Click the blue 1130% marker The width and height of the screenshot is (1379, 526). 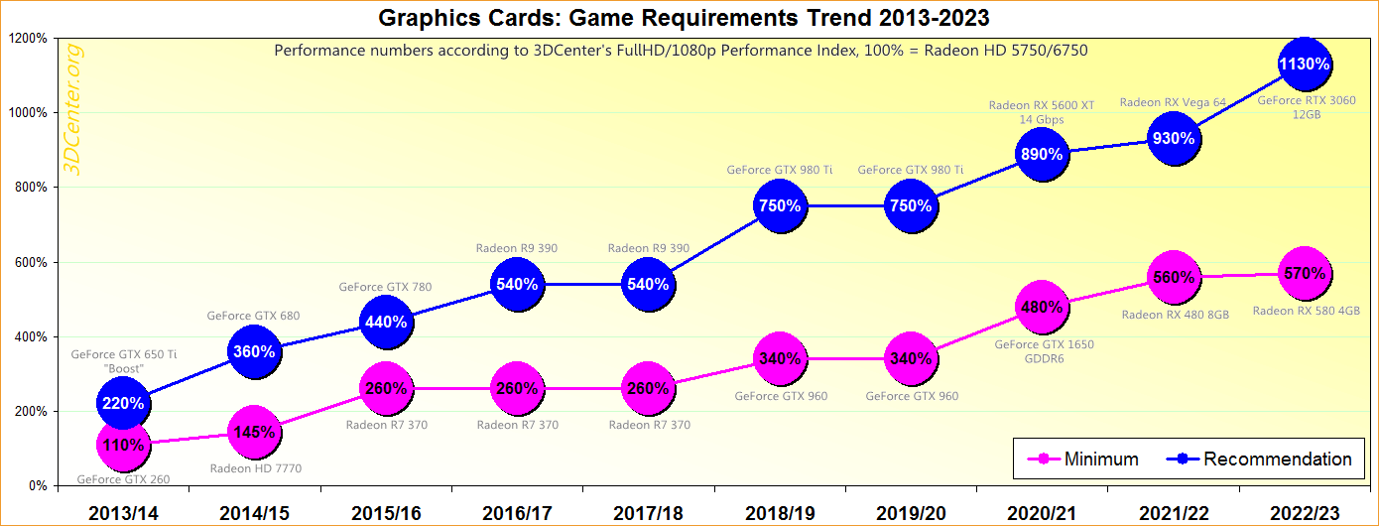click(x=1304, y=65)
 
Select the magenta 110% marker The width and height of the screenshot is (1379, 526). click(x=123, y=446)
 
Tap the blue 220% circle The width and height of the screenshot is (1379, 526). click(x=123, y=404)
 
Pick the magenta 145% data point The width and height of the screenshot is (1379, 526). click(x=254, y=432)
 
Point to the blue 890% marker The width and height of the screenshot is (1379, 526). click(x=1041, y=154)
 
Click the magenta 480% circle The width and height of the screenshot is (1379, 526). click(x=1041, y=307)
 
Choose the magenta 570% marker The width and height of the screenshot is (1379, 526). click(x=1304, y=273)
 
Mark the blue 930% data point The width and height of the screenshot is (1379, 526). click(x=1173, y=139)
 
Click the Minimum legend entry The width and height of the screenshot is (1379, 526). click(x=1086, y=459)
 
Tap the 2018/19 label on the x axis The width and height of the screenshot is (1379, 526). click(x=779, y=512)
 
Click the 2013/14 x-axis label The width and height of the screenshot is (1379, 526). click(x=123, y=512)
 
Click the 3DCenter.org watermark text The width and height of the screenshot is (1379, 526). click(x=73, y=109)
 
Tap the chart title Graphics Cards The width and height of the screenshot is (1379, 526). click(x=685, y=17)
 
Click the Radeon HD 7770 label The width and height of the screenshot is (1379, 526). click(x=256, y=468)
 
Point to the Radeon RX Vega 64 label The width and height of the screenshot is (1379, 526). click(x=1173, y=101)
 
